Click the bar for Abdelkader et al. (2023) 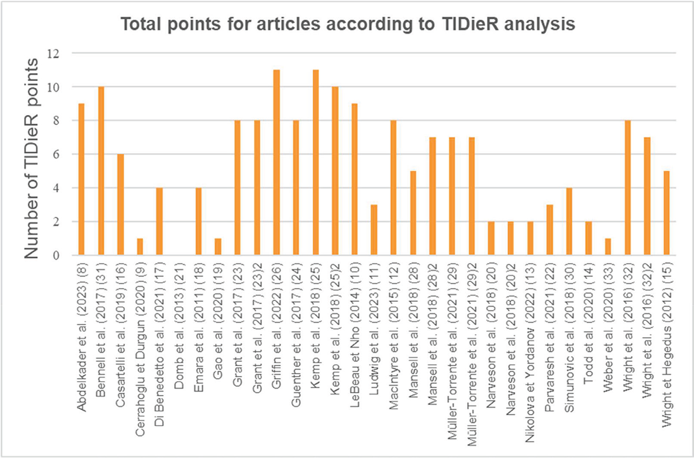point(82,179)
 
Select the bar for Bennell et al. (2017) point(101,171)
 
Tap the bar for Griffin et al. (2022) point(276,162)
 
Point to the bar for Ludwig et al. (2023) point(374,230)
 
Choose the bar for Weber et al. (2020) point(608,247)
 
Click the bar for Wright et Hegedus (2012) point(666,213)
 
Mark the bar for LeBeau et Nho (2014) point(355,179)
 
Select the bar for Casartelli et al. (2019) point(120,205)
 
